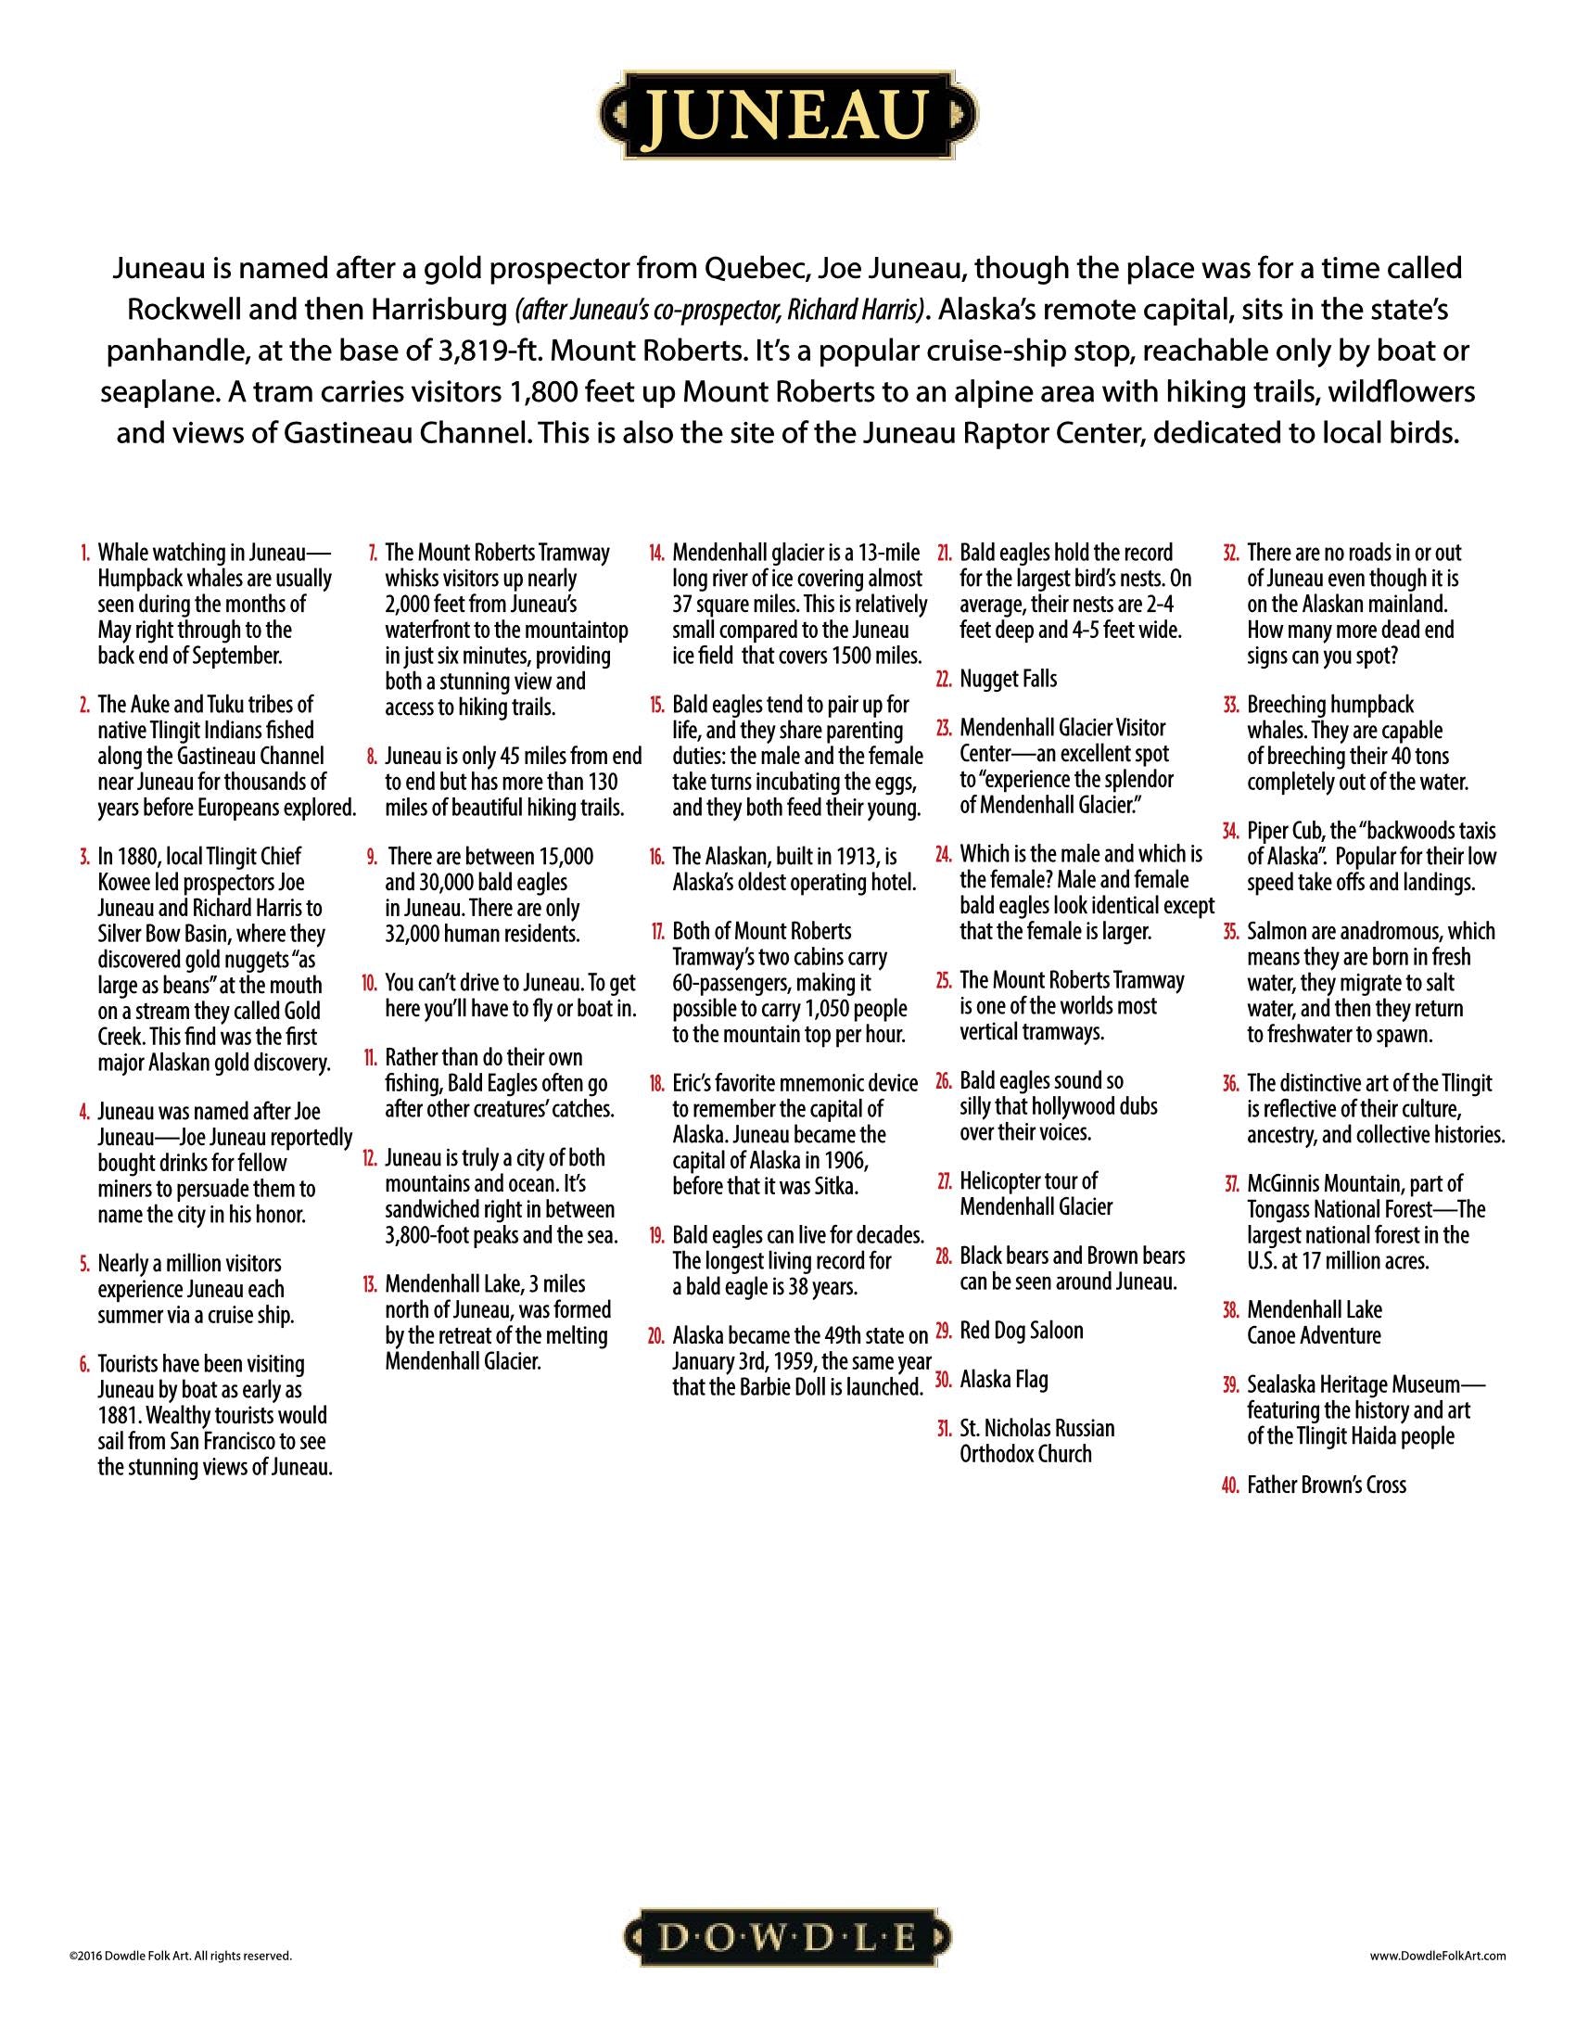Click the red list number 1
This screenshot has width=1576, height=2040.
pos(85,553)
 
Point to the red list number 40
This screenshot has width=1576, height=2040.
pos(1229,1485)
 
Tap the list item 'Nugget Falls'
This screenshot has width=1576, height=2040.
pos(1009,679)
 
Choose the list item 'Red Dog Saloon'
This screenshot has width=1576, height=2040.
pos(1022,1330)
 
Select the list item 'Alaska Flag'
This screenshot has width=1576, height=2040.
pos(1004,1380)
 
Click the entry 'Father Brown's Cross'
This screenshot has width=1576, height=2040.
pos(1326,1485)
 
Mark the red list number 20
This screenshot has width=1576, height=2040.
pos(656,1335)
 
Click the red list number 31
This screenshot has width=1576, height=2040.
pos(943,1429)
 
